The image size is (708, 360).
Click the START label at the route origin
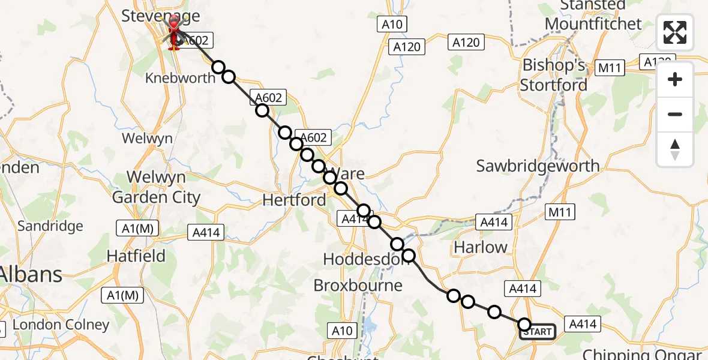pos(538,332)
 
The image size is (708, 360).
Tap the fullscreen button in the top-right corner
pos(675,32)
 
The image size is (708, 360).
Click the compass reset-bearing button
pos(675,149)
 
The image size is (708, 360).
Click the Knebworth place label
pos(180,78)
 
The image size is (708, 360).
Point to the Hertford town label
pos(294,200)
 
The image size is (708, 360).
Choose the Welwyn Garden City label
pos(157,187)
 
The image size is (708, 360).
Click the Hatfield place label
pos(136,256)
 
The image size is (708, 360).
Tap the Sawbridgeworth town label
pos(538,166)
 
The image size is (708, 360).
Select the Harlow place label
pos(480,247)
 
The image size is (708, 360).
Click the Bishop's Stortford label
pos(553,75)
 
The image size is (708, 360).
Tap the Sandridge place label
pos(50,226)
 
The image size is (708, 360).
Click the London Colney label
pos(61,325)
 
